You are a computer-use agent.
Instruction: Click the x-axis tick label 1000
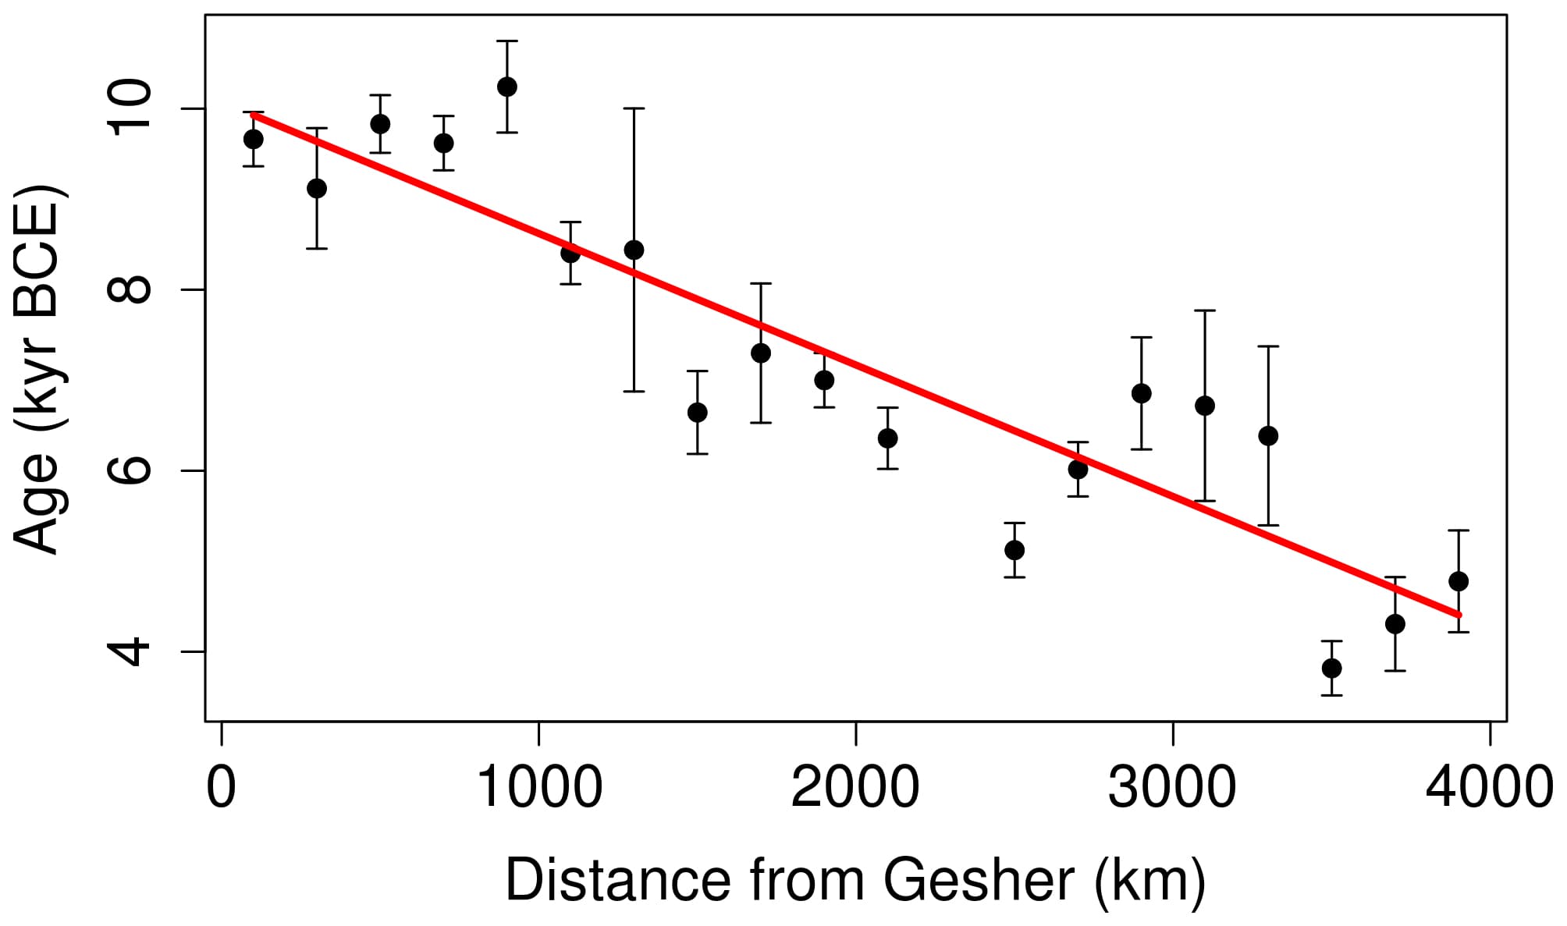click(x=539, y=787)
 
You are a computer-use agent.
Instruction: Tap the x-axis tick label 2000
click(x=855, y=787)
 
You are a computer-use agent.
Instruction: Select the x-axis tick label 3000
click(x=1172, y=787)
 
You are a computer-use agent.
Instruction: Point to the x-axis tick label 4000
click(x=1489, y=787)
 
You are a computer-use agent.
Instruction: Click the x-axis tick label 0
click(x=222, y=787)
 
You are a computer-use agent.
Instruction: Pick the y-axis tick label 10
click(x=129, y=108)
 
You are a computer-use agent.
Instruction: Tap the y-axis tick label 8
click(x=129, y=289)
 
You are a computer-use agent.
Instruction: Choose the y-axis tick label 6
click(x=129, y=470)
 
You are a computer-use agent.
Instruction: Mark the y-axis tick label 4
click(x=129, y=651)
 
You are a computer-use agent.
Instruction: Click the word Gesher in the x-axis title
click(x=979, y=880)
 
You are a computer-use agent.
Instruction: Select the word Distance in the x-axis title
click(x=617, y=880)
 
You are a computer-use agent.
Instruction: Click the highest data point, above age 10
click(x=507, y=87)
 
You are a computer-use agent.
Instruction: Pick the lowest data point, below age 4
click(x=1331, y=669)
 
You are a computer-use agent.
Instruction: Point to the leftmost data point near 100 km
click(x=254, y=139)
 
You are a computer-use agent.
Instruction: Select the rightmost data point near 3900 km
click(x=1459, y=581)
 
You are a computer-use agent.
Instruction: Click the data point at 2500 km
click(x=1014, y=550)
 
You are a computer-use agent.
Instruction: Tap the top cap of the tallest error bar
click(x=634, y=108)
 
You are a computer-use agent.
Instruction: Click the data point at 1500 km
click(x=698, y=413)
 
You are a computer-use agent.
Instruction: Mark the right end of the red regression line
click(x=1459, y=616)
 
